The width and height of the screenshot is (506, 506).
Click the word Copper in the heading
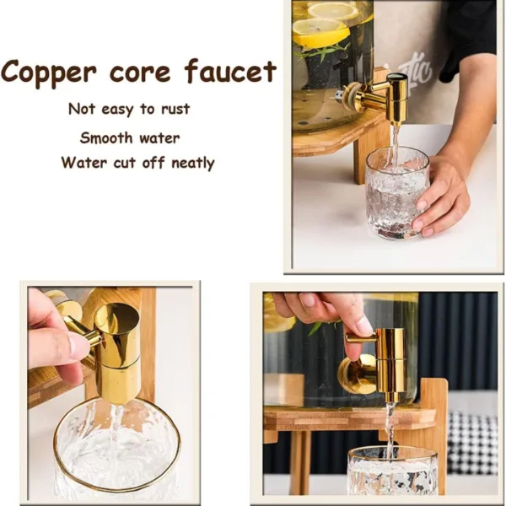(x=48, y=73)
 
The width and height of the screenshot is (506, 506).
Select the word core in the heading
(x=140, y=73)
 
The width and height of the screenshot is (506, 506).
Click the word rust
(x=175, y=109)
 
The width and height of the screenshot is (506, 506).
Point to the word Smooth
(x=106, y=137)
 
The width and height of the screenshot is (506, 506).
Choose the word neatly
(x=192, y=163)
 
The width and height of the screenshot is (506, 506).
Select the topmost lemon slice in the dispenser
(x=333, y=9)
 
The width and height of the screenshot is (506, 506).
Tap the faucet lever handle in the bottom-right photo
(x=361, y=337)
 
